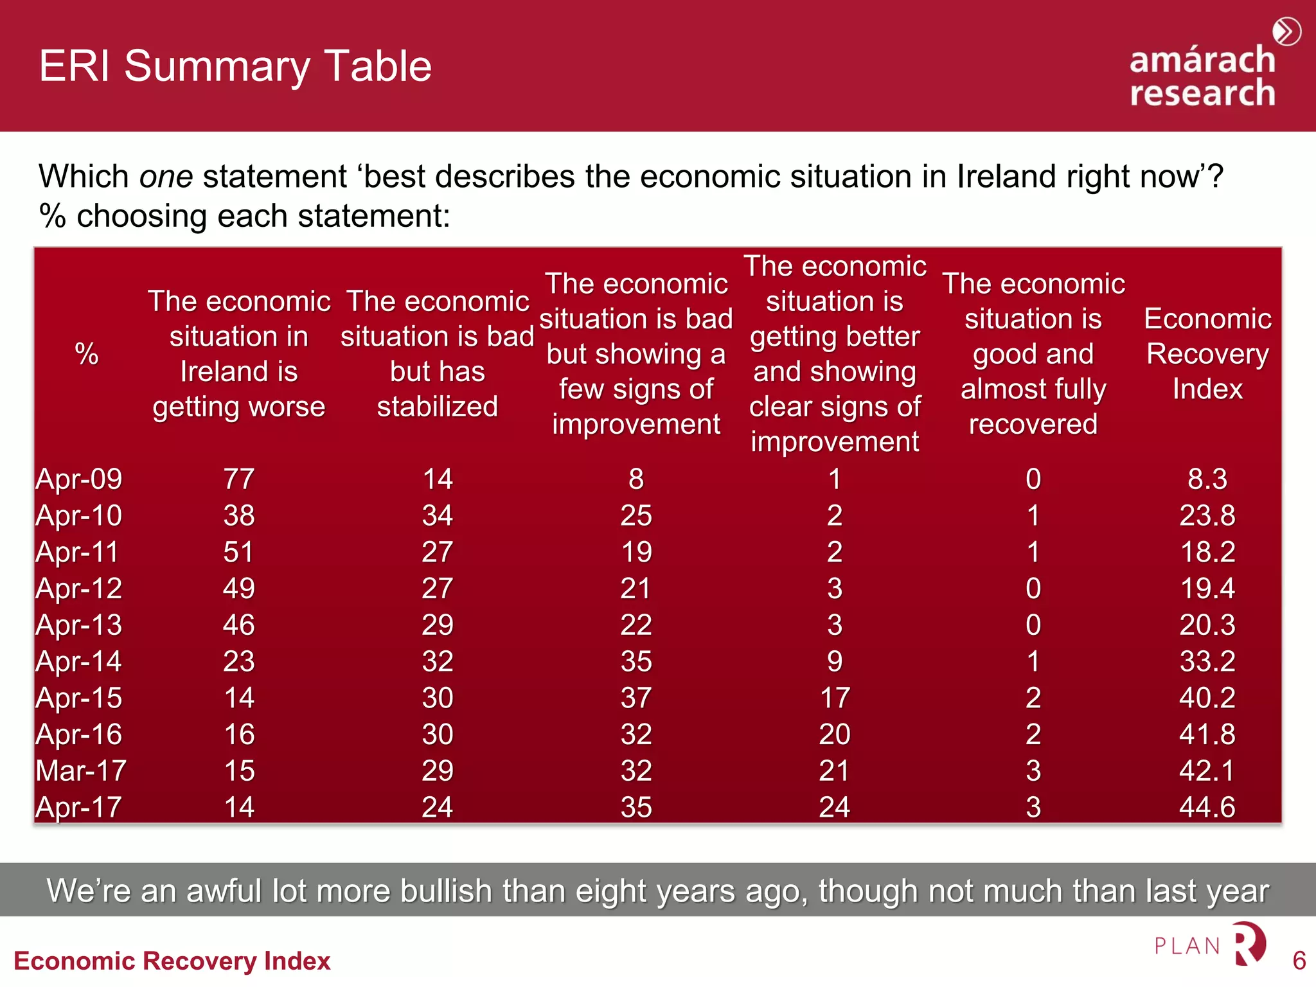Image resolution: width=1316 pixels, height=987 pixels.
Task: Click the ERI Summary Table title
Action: [235, 66]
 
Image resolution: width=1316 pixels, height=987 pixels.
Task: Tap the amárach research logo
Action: [1203, 76]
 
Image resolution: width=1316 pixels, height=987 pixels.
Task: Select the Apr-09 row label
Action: [78, 479]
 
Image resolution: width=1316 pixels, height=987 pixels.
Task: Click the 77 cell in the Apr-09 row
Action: [238, 479]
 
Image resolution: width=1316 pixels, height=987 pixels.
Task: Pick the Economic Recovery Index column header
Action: [1207, 353]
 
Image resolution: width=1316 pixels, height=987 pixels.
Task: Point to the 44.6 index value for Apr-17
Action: [1207, 807]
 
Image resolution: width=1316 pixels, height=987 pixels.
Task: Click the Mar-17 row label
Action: [81, 770]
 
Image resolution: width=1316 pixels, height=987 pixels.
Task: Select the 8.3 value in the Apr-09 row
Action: [1207, 479]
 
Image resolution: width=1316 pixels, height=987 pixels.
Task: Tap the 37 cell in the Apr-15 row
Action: [636, 698]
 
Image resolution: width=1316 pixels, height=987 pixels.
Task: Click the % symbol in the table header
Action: [87, 353]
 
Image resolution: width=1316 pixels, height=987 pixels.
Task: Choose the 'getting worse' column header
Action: [238, 353]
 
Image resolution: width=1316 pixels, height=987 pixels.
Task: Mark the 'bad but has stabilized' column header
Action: [437, 353]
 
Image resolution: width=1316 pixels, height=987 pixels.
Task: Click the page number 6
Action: [1299, 961]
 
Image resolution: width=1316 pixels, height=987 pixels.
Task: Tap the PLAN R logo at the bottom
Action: [1209, 945]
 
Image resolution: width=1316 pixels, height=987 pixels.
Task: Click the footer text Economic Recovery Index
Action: [172, 961]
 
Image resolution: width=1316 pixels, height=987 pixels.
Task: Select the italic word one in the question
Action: [166, 176]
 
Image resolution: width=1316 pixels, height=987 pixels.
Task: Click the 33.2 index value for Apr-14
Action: [1207, 661]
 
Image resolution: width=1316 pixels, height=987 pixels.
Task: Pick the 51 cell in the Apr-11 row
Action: [238, 552]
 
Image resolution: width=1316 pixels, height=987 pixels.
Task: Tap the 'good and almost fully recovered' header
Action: [1033, 353]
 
